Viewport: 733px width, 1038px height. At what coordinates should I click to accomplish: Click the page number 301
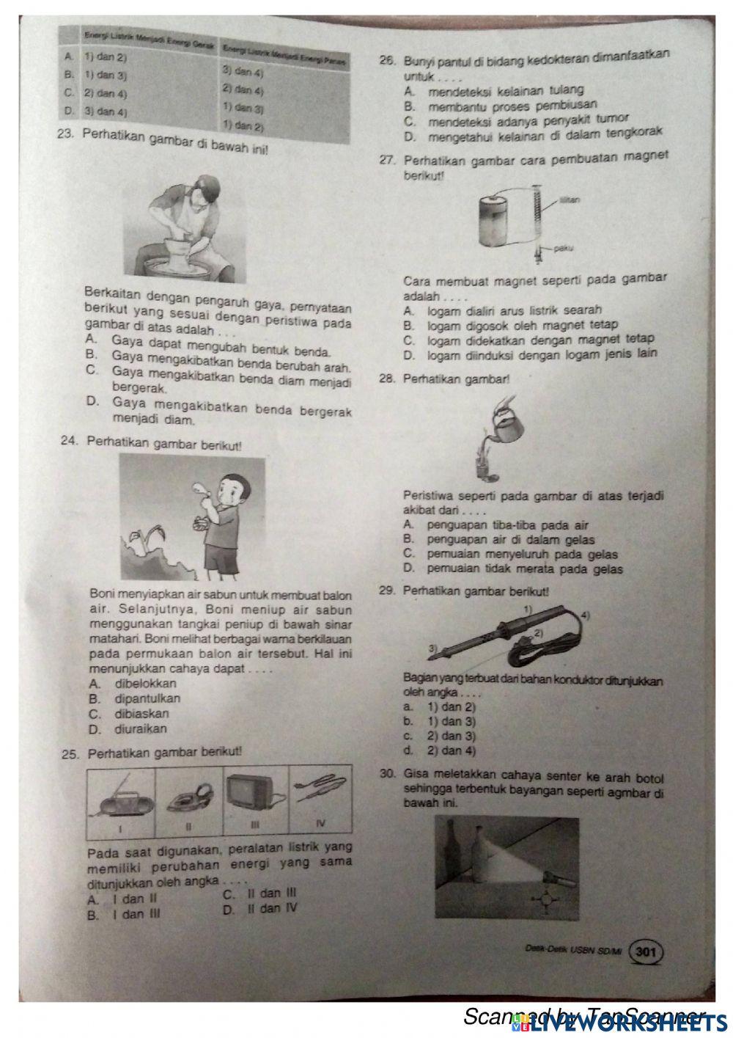[646, 952]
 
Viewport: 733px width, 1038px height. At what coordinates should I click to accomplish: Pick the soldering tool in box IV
[320, 792]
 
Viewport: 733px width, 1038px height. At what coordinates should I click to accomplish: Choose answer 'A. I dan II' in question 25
[122, 899]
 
